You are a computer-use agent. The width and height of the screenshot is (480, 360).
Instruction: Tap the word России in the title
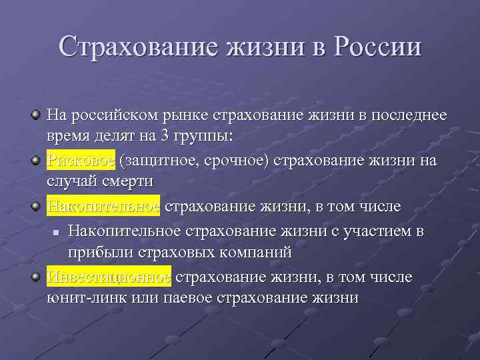pos(378,47)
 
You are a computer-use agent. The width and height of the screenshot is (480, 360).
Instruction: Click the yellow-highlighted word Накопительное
pos(103,206)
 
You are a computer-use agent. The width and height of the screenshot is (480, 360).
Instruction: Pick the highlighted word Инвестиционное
pos(109,277)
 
